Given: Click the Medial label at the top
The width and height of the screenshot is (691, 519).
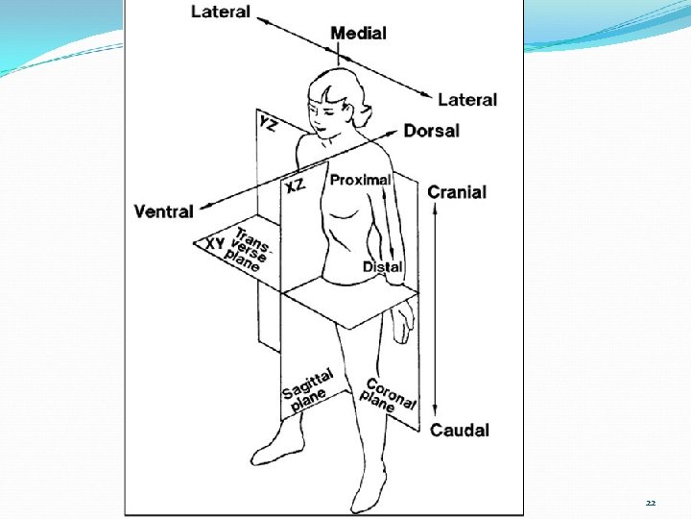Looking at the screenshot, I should tap(358, 34).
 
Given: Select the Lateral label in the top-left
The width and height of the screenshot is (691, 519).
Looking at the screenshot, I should tap(221, 12).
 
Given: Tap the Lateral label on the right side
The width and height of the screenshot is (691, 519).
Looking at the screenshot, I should tap(467, 99).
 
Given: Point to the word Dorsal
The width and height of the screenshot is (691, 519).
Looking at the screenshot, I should tap(431, 131).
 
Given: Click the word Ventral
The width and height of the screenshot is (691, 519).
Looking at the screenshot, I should tap(164, 211).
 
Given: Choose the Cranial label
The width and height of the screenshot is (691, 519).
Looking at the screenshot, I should tap(457, 192).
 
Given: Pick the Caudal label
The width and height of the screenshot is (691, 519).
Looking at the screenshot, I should tap(459, 430).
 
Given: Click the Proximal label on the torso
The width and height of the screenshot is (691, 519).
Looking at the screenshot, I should tap(360, 180).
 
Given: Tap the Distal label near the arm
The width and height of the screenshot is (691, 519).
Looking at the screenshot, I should tap(382, 266).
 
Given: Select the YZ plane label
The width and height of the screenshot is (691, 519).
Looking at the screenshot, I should tap(269, 122).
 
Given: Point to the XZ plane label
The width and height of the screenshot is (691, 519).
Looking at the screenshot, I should tap(294, 185).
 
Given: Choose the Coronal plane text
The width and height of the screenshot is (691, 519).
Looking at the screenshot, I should tap(390, 394).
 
